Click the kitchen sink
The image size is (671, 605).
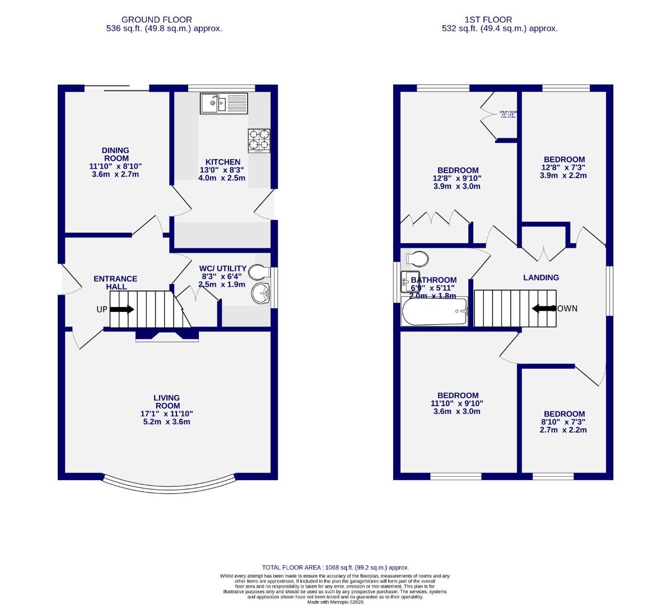coord(223,103)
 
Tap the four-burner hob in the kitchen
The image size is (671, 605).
coord(259,141)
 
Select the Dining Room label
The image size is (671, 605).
coord(115,154)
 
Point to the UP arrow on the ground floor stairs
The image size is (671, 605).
coord(122,309)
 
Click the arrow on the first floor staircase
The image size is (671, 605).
coord(543,308)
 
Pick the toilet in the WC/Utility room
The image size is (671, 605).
coord(259,272)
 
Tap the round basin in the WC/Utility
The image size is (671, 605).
coord(261,293)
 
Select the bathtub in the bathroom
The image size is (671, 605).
coord(435,312)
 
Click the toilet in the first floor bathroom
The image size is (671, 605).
coord(417,258)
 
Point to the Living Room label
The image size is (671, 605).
coord(167,402)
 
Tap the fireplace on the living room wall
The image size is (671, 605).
coord(167,336)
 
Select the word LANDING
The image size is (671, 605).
coord(540,277)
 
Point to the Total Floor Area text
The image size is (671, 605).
coord(335,567)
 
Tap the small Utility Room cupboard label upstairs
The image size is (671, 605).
coord(507,114)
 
